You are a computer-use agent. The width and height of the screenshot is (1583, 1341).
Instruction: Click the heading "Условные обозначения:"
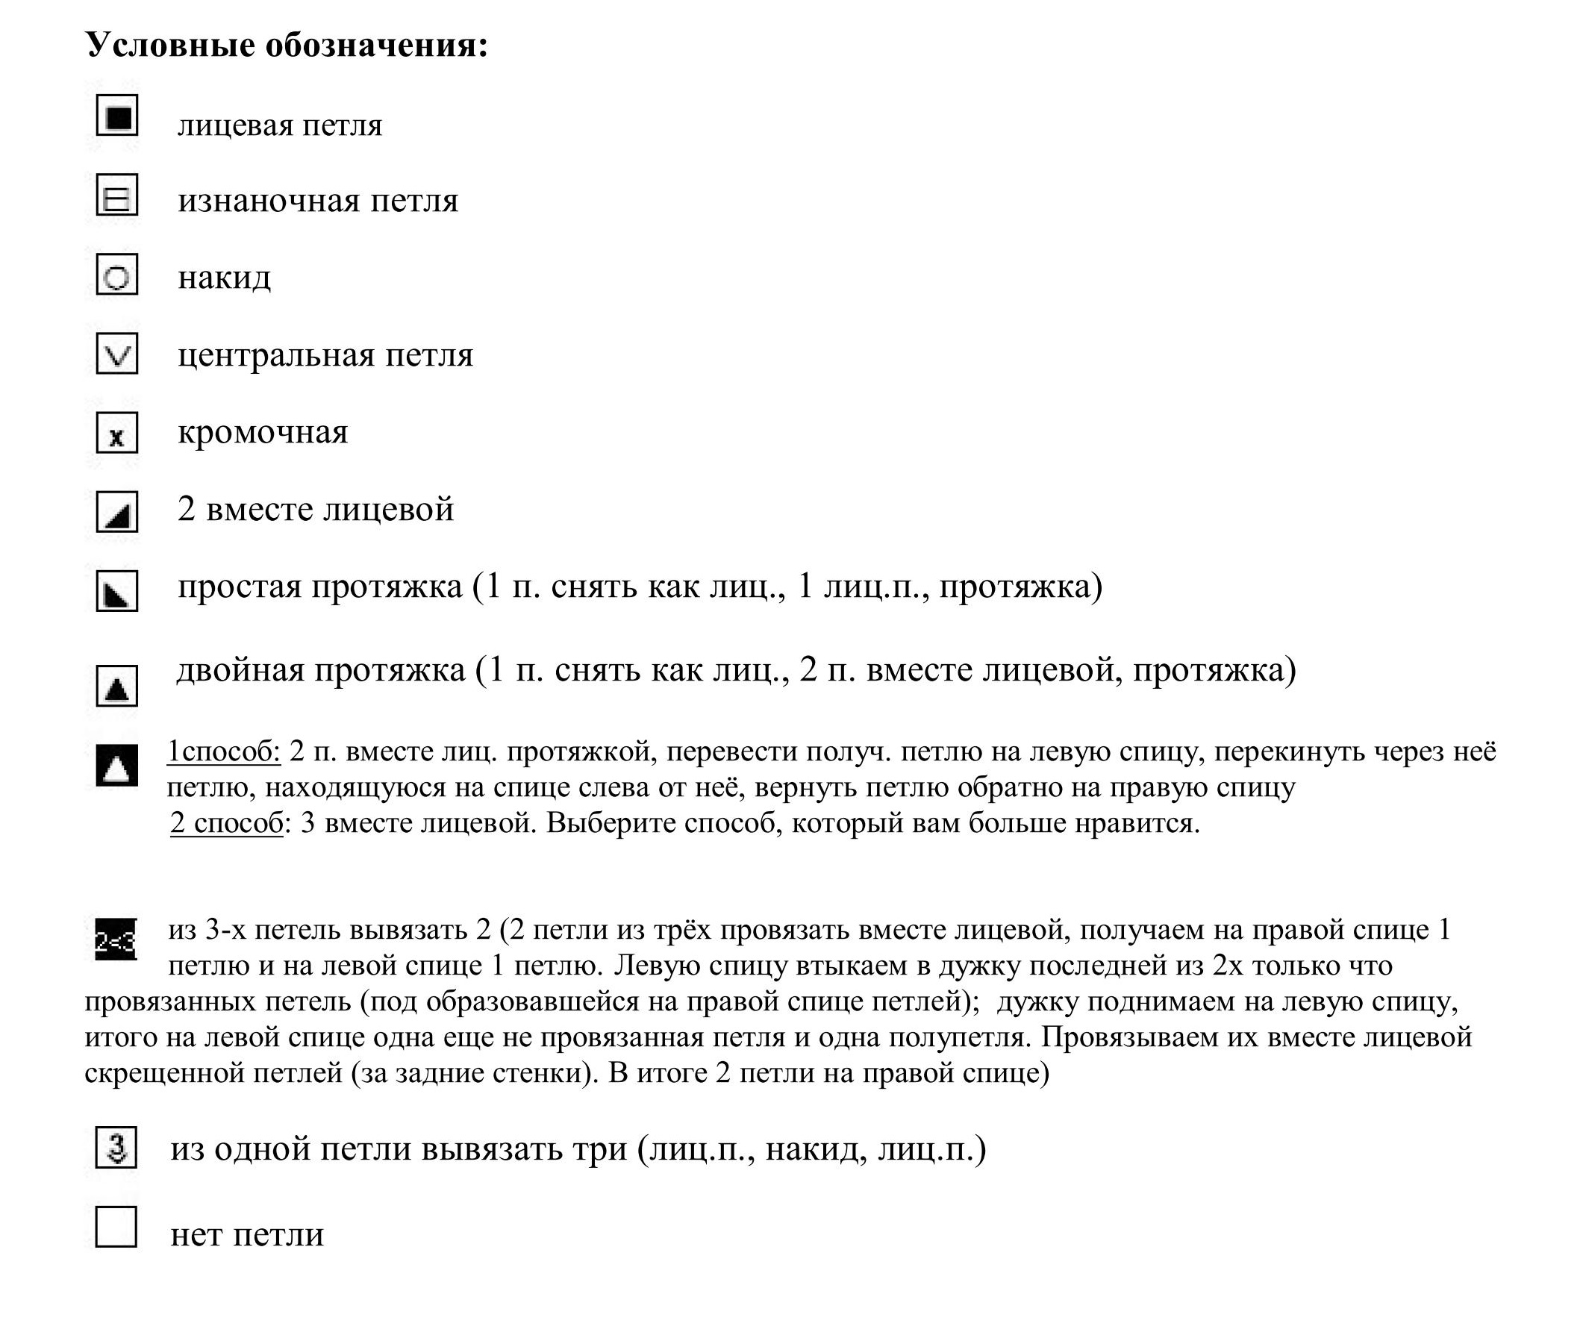click(x=287, y=45)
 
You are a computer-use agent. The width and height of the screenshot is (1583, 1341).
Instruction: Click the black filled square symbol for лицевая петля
click(x=117, y=116)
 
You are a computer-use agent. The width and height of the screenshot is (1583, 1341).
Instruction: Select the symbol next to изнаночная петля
click(x=117, y=196)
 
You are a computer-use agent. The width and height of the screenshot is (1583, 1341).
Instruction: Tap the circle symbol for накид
click(x=117, y=275)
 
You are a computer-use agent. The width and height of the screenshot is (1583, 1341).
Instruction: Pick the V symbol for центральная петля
click(x=117, y=354)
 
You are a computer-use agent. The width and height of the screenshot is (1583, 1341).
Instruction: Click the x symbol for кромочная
click(x=117, y=434)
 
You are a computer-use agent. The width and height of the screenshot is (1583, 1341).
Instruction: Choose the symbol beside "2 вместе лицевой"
click(x=117, y=512)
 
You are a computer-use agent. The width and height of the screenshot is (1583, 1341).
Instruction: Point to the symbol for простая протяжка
click(x=117, y=591)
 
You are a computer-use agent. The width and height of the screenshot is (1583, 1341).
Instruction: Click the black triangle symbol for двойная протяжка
click(x=117, y=686)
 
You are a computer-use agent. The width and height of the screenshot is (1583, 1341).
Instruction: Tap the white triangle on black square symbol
click(x=117, y=765)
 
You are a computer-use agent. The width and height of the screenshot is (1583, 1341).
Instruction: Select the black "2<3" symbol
click(x=116, y=940)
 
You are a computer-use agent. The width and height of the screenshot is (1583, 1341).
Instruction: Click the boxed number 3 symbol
click(x=116, y=1147)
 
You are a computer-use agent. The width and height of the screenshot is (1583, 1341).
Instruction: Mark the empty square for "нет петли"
click(x=116, y=1227)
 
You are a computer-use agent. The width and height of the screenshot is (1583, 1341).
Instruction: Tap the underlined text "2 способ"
click(x=227, y=823)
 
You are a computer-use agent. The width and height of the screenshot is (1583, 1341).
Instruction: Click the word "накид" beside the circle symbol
click(x=225, y=278)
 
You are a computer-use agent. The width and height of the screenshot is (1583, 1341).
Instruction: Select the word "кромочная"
click(x=262, y=433)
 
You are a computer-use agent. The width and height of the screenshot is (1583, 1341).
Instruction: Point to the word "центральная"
click(x=276, y=355)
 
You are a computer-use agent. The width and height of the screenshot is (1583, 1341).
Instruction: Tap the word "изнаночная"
click(x=269, y=201)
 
